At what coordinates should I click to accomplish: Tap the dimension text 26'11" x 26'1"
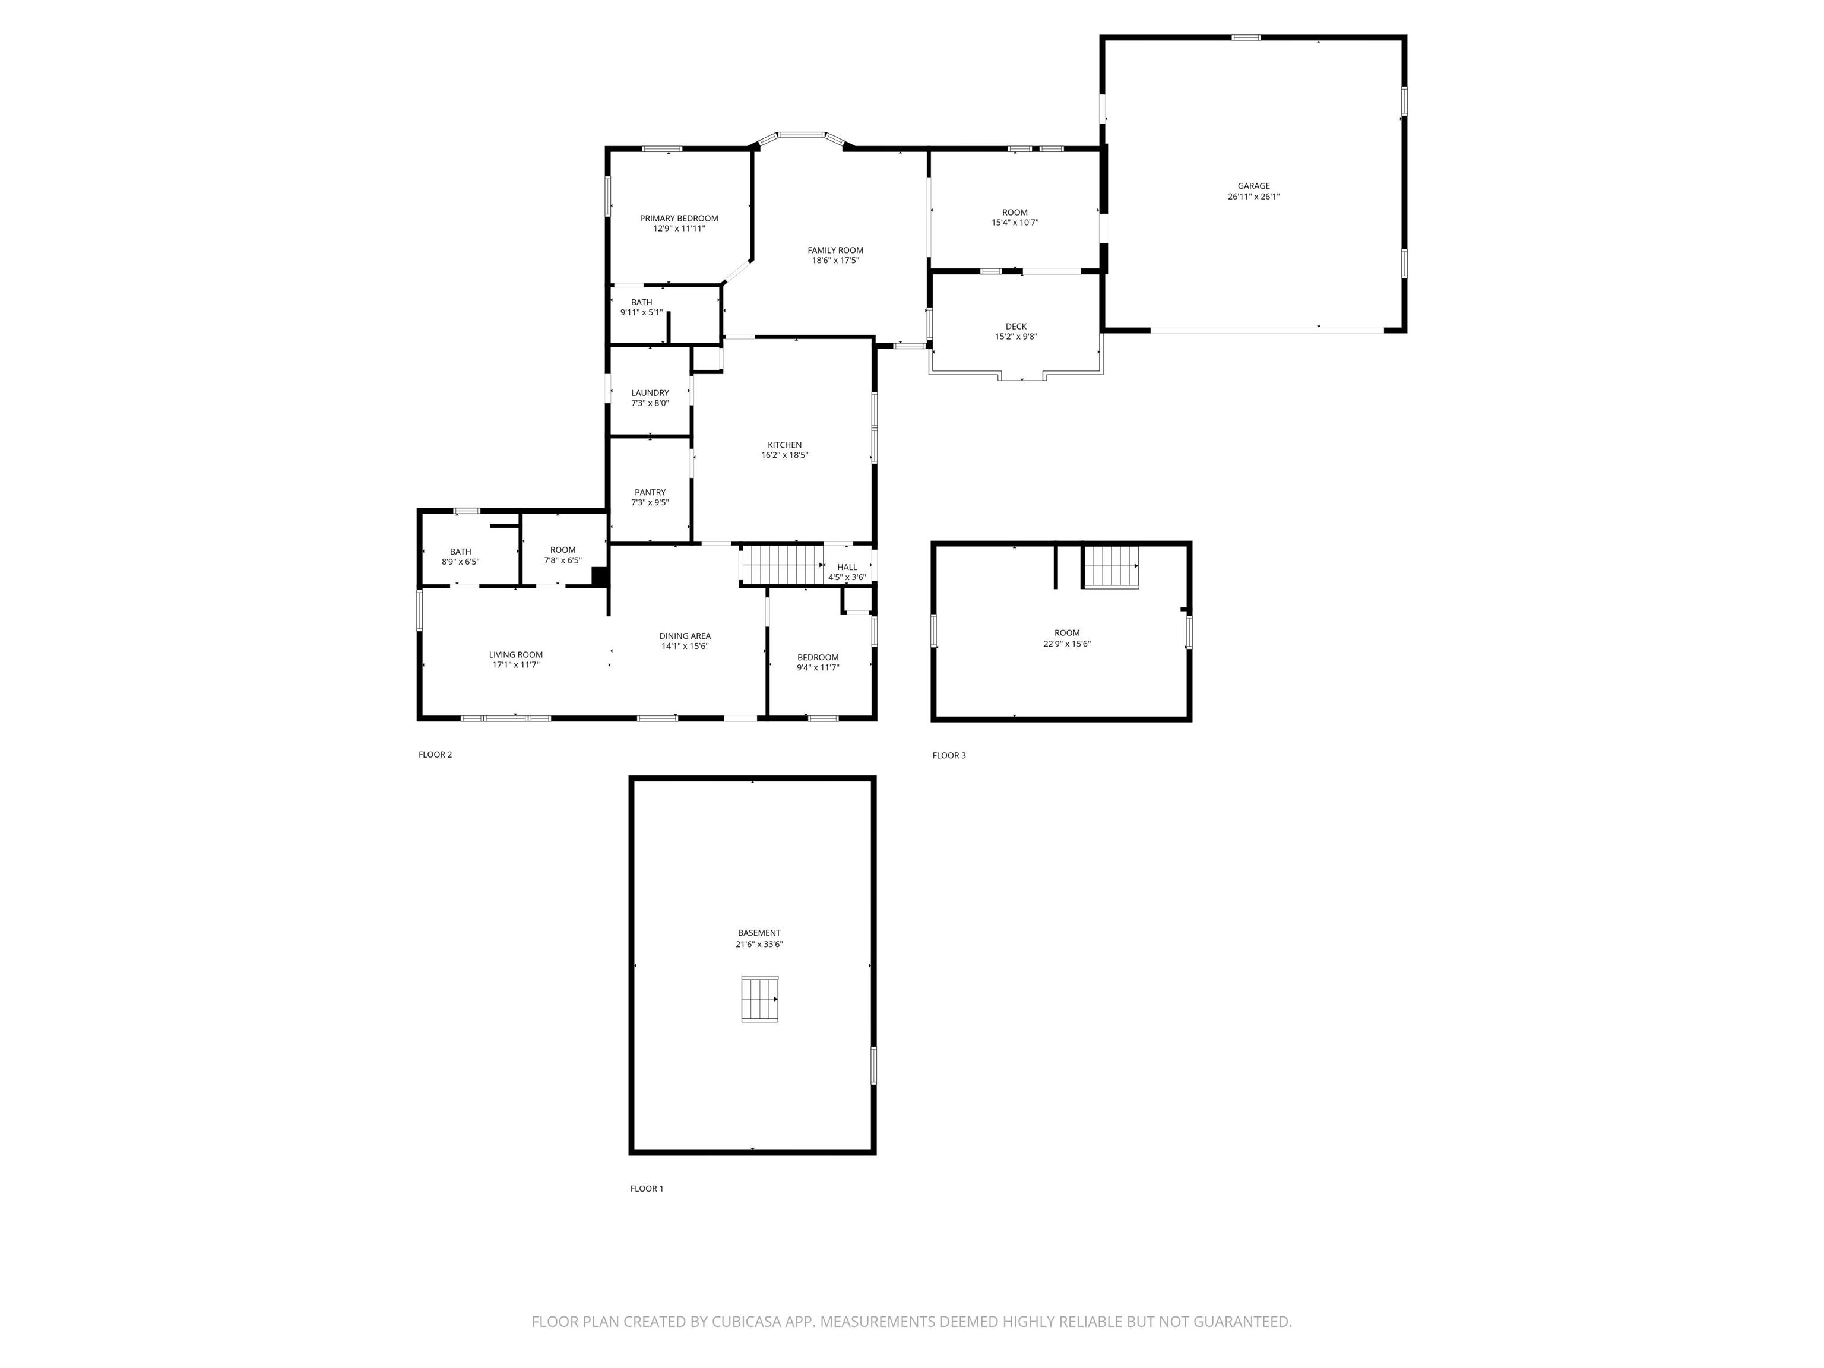[1253, 197]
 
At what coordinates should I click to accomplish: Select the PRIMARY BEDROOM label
[679, 218]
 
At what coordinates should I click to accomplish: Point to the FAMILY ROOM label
[835, 250]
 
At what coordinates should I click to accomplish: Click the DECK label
[1016, 327]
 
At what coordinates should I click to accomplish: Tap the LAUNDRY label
[650, 393]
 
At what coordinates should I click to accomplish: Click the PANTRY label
[650, 492]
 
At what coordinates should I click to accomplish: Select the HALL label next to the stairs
[847, 567]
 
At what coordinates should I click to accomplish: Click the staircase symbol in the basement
[759, 999]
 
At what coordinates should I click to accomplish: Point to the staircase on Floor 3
[1110, 566]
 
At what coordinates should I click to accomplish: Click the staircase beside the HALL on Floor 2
[782, 564]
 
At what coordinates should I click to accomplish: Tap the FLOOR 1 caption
[647, 1188]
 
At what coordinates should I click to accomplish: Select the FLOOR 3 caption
[948, 755]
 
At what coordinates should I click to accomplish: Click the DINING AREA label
[685, 636]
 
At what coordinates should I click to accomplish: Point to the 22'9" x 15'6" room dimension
[1066, 644]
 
